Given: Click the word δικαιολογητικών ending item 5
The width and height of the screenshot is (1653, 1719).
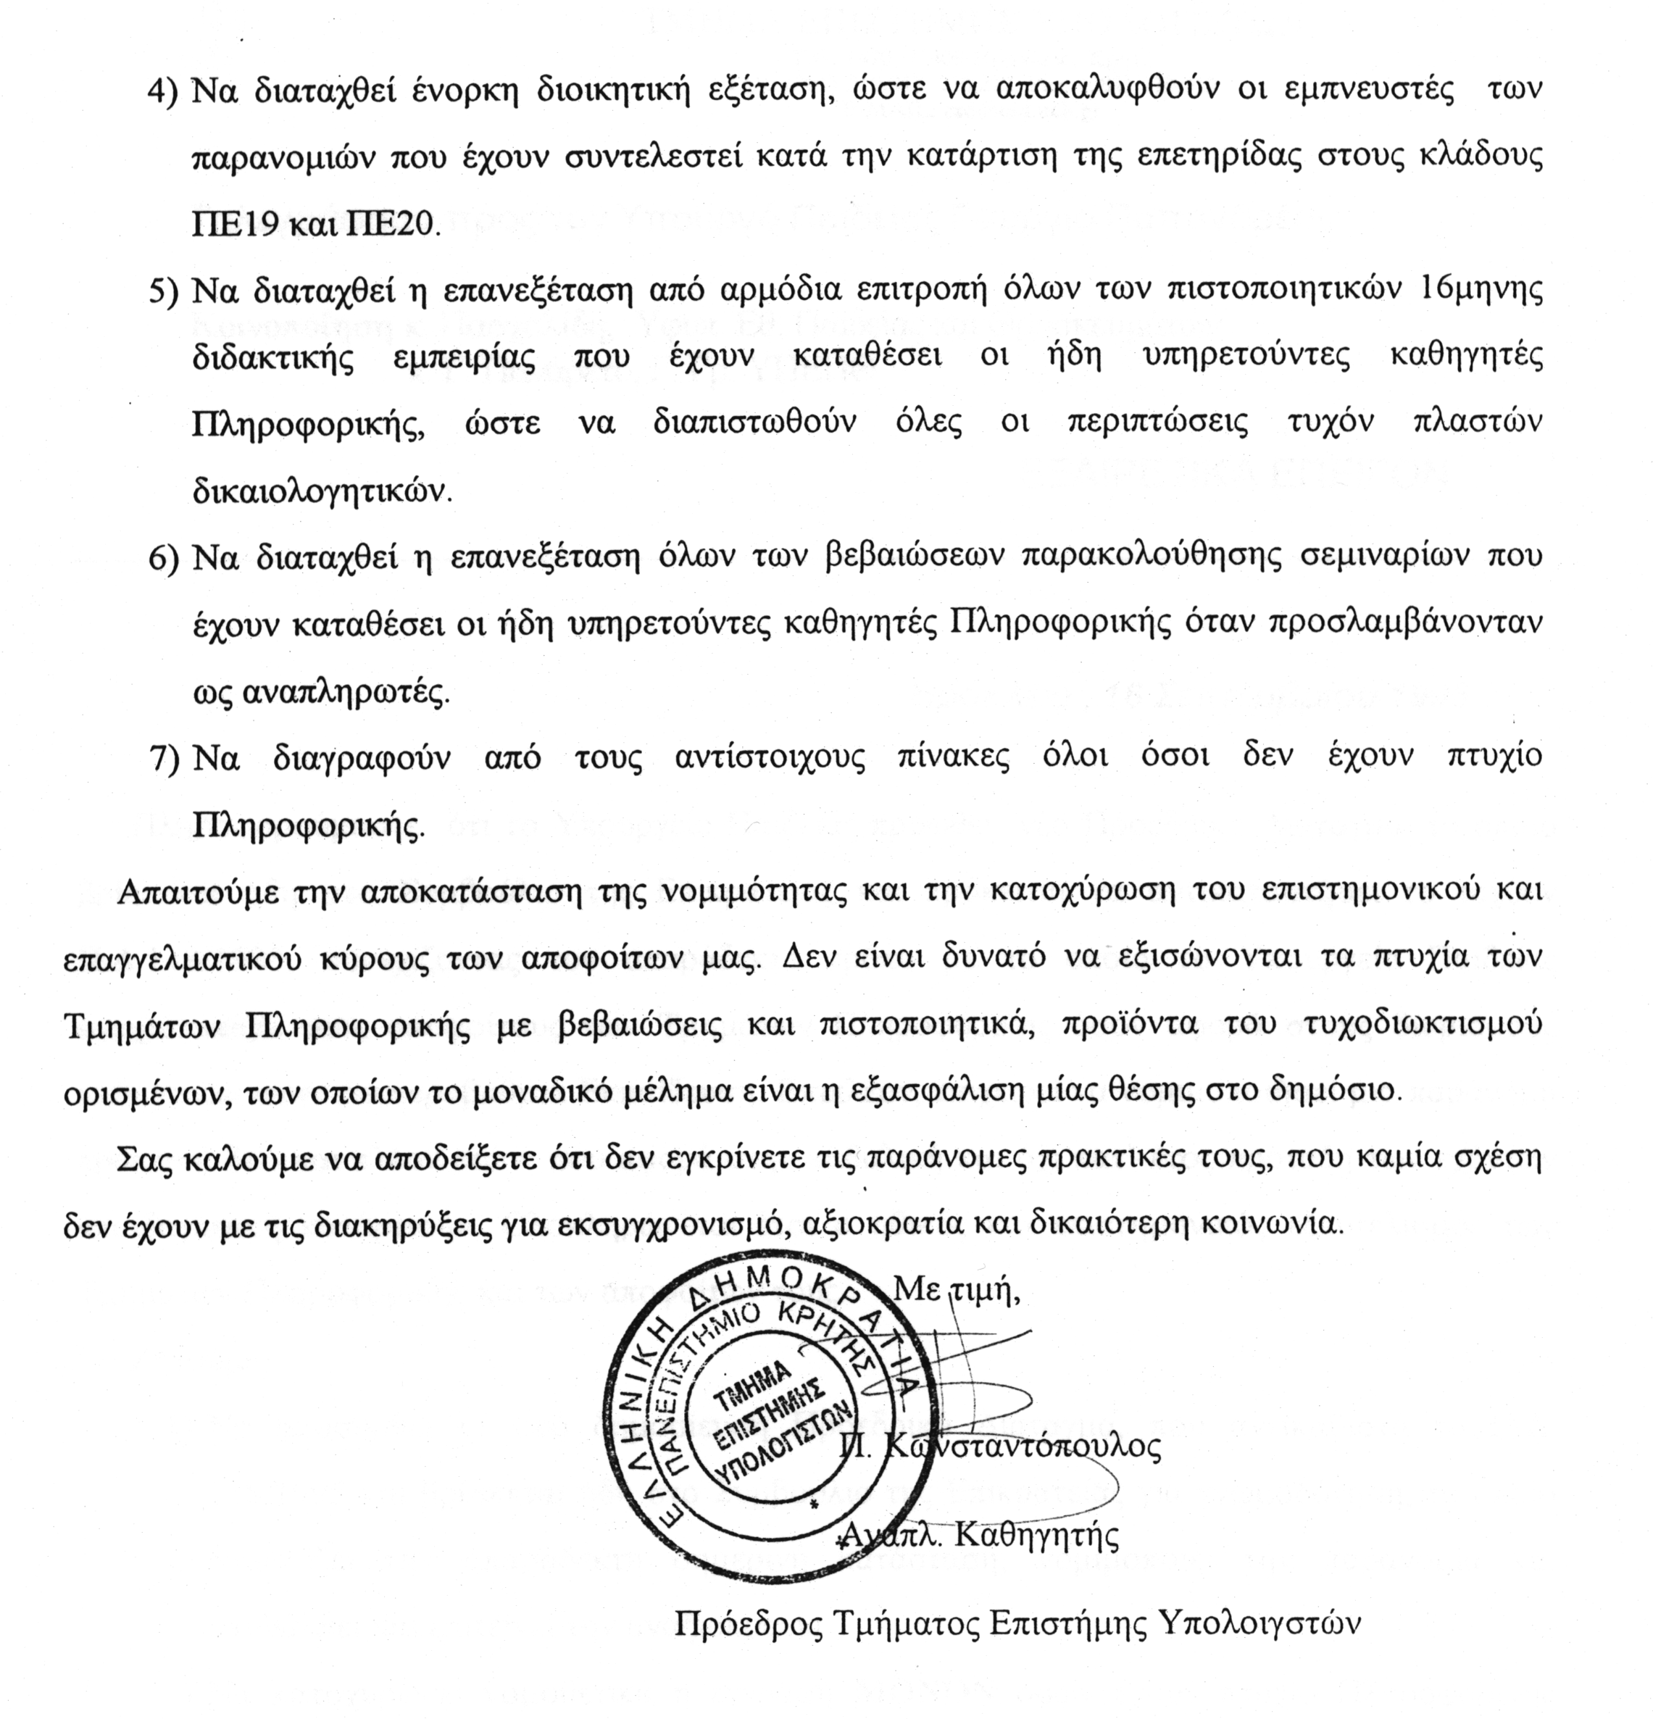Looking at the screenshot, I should click(x=322, y=491).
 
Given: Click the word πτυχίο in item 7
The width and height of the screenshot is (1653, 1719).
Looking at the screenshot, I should click(x=1491, y=757).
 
